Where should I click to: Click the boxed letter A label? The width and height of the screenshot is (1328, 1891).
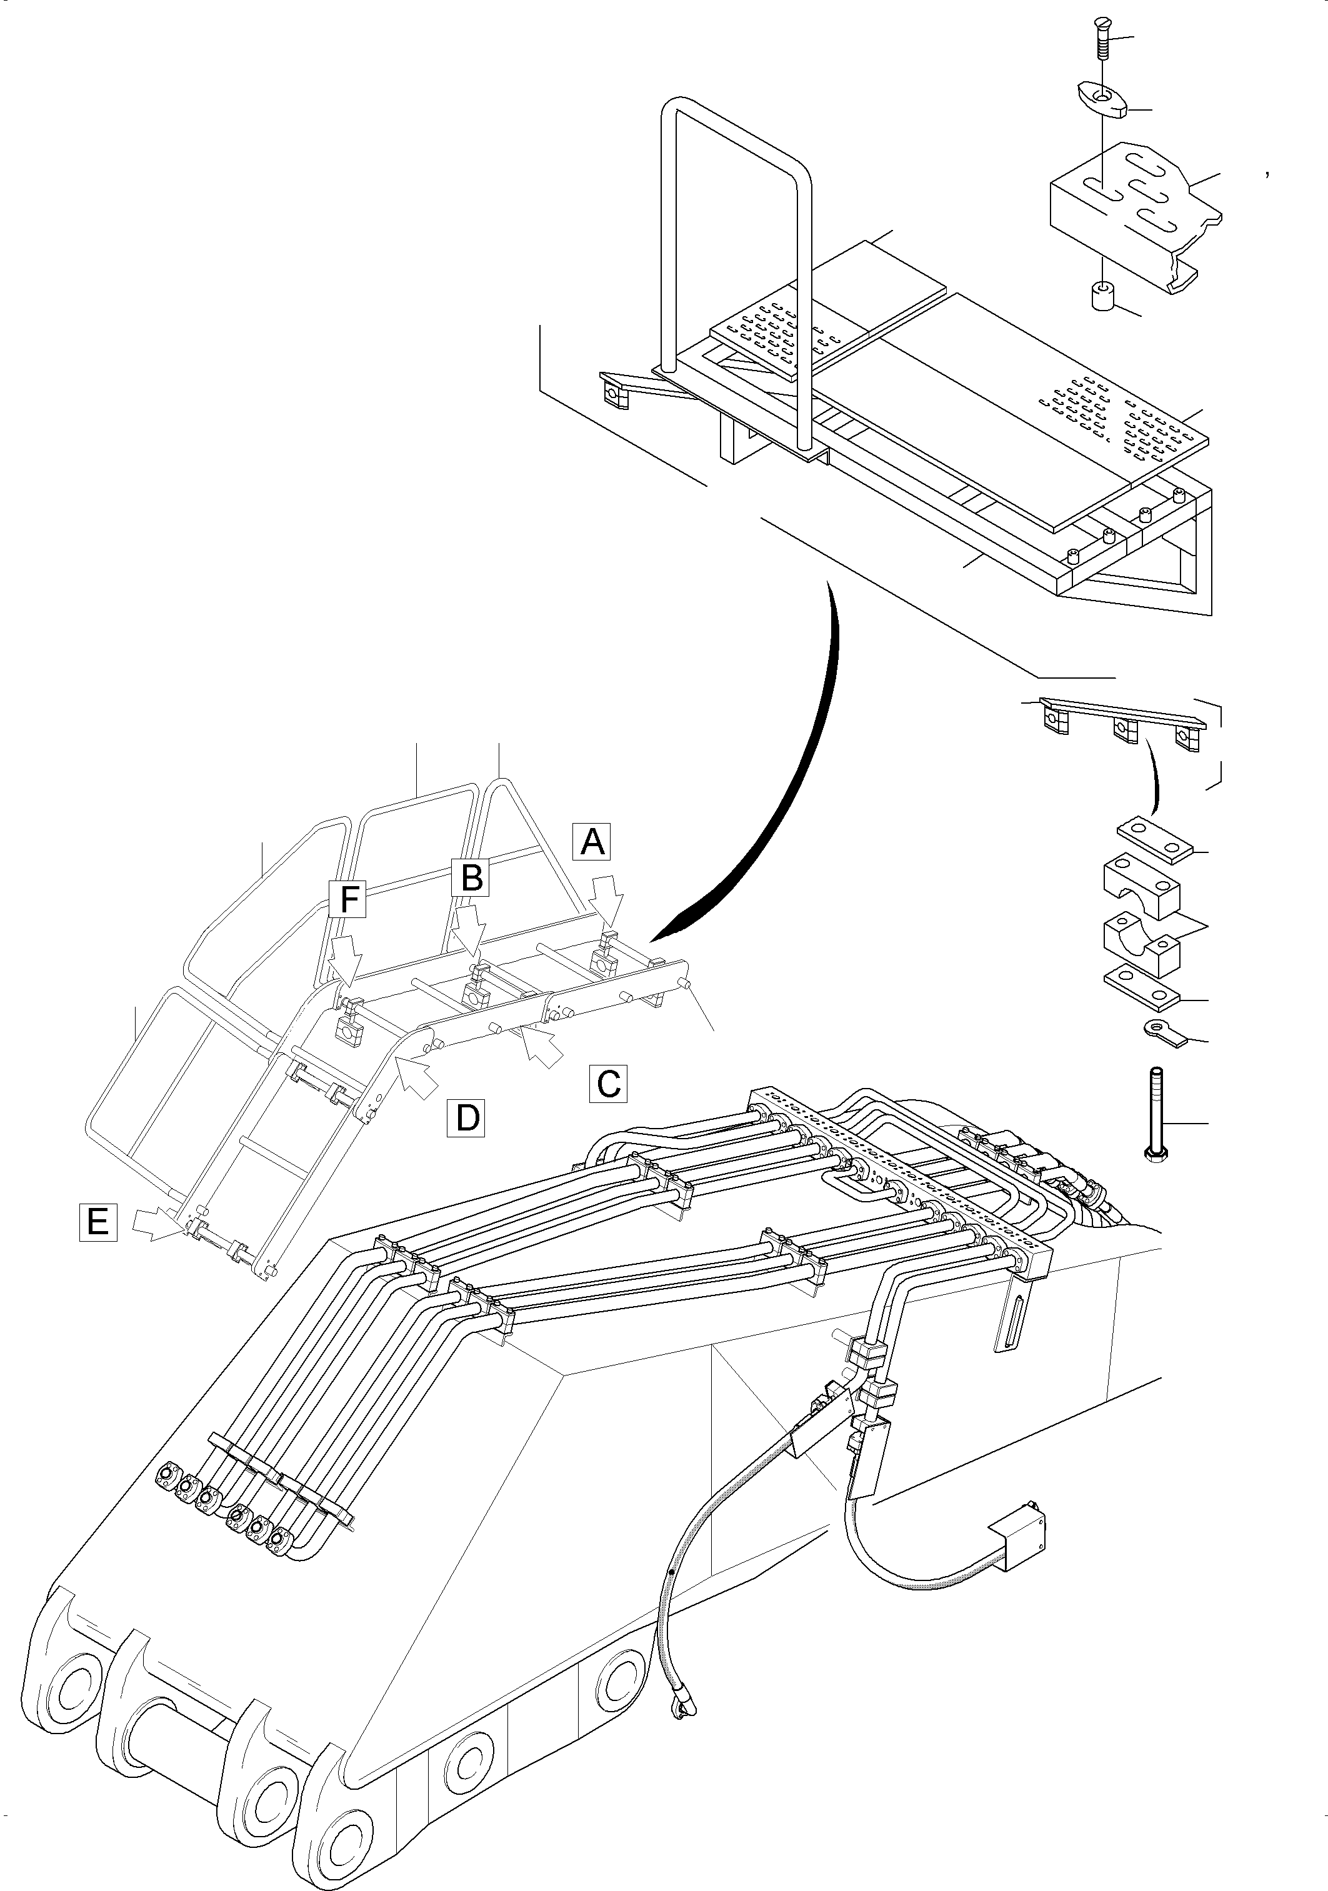[592, 841]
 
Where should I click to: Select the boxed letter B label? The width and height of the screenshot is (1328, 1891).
[471, 877]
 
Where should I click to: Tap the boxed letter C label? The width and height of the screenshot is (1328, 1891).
[609, 1084]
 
